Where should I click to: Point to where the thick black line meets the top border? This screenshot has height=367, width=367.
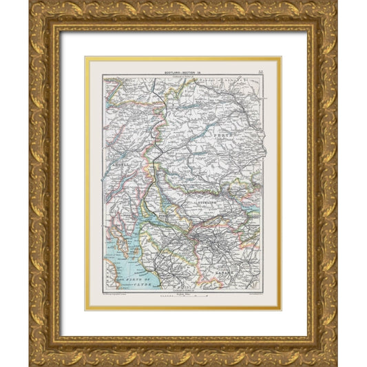pyautogui.click(x=155, y=78)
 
